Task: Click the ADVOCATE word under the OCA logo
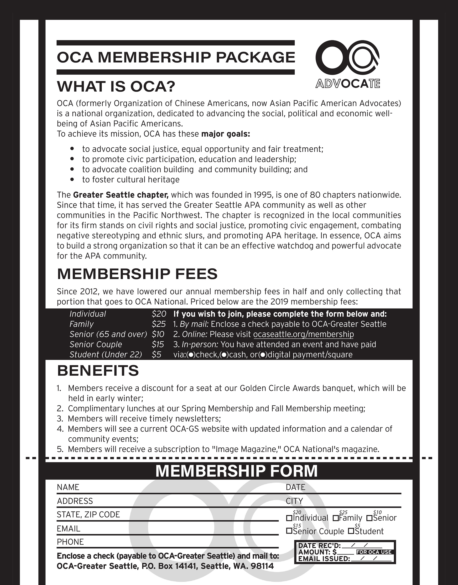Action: point(348,84)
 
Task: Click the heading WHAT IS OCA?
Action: point(116,86)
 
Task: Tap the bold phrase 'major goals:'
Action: point(225,134)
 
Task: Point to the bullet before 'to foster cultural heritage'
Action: point(72,179)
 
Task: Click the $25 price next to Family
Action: point(158,324)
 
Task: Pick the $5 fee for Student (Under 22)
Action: point(156,354)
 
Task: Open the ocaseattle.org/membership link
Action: point(303,334)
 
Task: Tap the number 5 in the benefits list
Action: point(60,449)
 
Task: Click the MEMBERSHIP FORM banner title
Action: point(236,471)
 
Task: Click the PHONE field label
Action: point(70,542)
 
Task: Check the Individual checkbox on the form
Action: point(289,518)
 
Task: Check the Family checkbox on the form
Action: point(335,518)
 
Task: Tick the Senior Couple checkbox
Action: point(289,531)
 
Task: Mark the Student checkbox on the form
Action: point(351,531)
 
